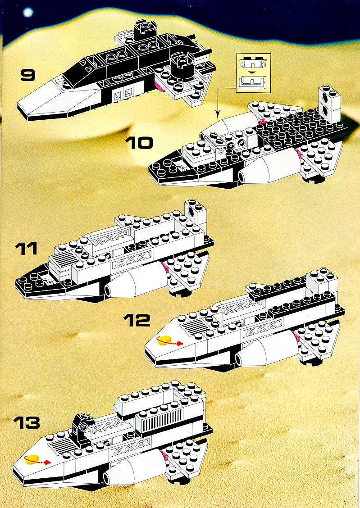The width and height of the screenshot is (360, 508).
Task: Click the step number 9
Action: click(27, 74)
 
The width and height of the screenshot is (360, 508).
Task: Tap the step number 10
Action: click(139, 143)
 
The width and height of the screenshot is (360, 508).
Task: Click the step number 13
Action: click(27, 422)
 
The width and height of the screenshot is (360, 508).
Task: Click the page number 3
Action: click(344, 503)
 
